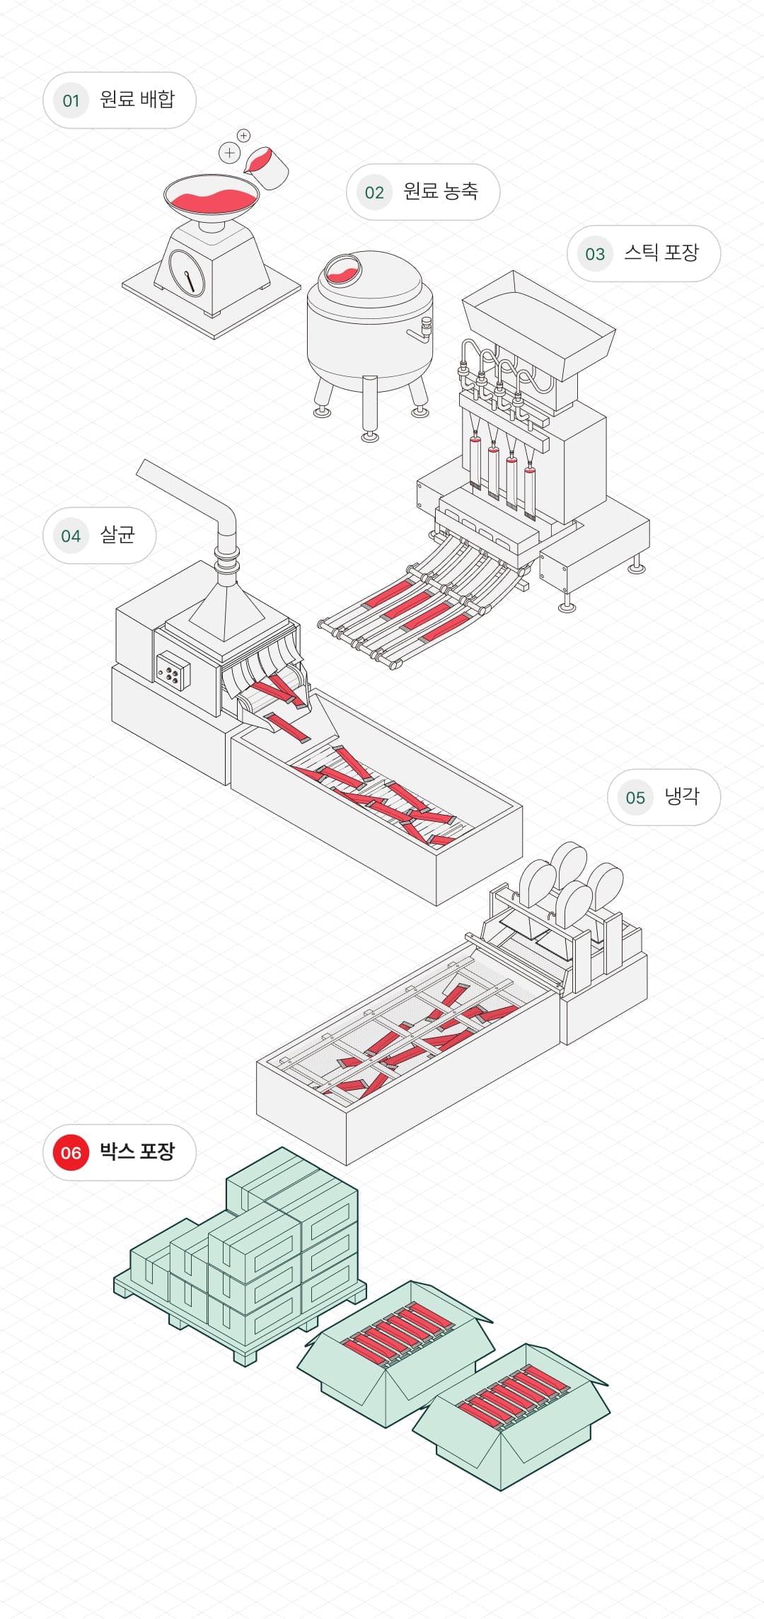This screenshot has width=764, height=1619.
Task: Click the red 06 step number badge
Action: tap(71, 1153)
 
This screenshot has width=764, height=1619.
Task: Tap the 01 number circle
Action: tap(71, 100)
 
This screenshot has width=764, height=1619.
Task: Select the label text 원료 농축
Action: tap(441, 191)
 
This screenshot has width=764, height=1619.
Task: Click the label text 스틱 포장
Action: tap(661, 253)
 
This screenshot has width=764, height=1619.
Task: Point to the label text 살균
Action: tap(117, 535)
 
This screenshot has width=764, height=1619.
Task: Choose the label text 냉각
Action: tap(681, 796)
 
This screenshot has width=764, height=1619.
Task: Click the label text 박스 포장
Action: tap(137, 1151)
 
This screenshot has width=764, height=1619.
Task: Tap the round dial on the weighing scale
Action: tap(187, 272)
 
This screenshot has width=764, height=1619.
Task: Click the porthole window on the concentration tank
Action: tap(342, 269)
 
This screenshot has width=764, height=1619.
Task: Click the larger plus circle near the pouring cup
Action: tap(229, 152)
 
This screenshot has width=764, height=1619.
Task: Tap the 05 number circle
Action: tap(635, 798)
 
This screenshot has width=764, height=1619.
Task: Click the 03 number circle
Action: tap(595, 254)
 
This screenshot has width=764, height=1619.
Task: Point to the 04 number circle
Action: tap(71, 536)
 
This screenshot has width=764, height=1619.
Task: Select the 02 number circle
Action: tap(374, 192)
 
